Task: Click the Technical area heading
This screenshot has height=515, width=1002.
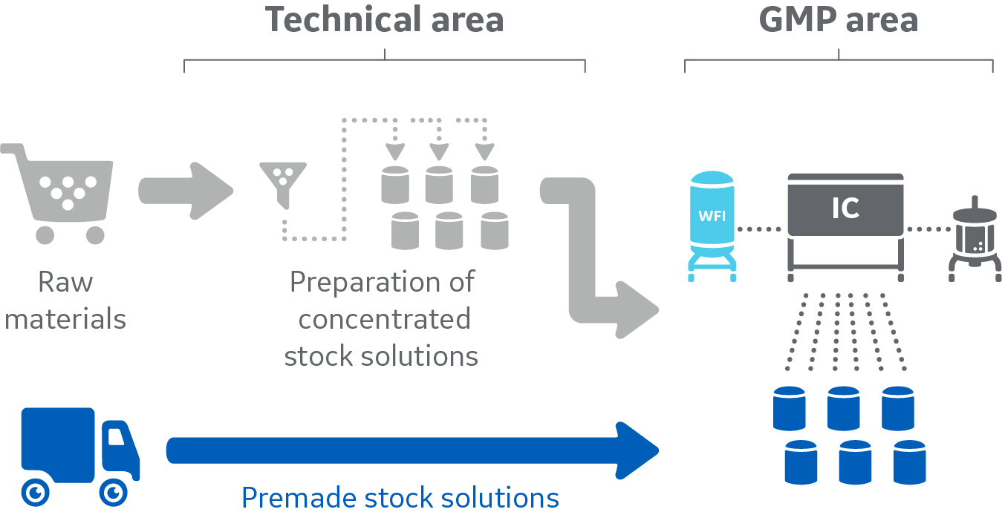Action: pyautogui.click(x=385, y=20)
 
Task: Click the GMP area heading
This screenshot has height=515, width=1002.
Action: pyautogui.click(x=838, y=20)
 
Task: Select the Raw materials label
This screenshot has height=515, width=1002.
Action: pyautogui.click(x=65, y=301)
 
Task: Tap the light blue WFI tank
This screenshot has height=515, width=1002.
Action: pyautogui.click(x=712, y=223)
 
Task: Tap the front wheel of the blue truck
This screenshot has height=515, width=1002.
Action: pyautogui.click(x=112, y=491)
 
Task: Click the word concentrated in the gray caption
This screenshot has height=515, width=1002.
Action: pyautogui.click(x=384, y=319)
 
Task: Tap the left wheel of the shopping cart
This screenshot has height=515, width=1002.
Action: pyautogui.click(x=45, y=235)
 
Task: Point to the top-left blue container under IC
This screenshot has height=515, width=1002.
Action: pyautogui.click(x=789, y=407)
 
